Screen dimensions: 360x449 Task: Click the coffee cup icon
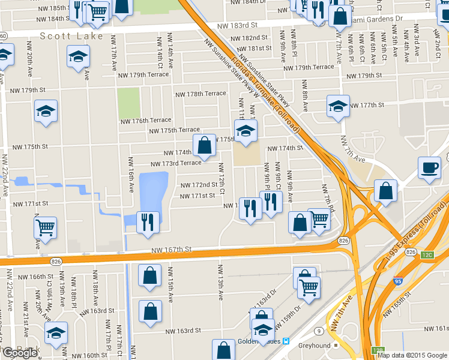click(x=430, y=167)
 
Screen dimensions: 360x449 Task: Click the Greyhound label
click(x=315, y=346)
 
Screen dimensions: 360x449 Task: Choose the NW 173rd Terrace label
click(x=175, y=163)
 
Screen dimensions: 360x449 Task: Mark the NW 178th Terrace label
click(x=200, y=94)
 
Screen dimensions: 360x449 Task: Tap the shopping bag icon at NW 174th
click(x=204, y=145)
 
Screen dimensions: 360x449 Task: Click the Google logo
click(x=20, y=353)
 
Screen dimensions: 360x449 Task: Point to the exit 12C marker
click(x=427, y=256)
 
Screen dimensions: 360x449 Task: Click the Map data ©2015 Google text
click(x=412, y=355)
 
